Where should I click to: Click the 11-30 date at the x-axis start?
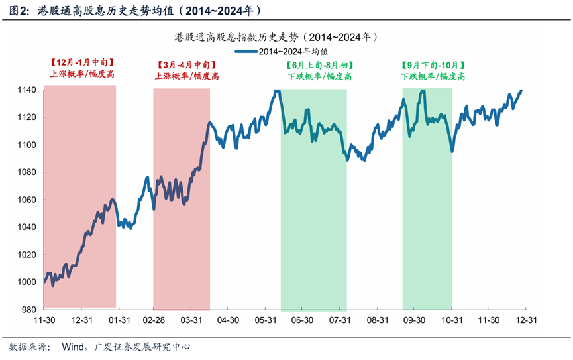click(44, 320)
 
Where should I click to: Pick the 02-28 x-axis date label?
click(154, 320)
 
